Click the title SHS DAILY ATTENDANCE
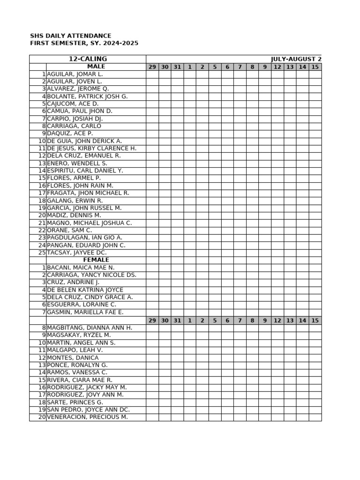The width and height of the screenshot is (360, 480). point(71,36)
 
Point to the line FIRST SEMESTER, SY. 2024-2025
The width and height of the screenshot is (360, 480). point(84,43)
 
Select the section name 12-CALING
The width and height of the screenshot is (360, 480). point(88,59)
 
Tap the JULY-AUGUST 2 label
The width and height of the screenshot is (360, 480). point(296,59)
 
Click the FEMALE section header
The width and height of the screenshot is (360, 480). point(96,260)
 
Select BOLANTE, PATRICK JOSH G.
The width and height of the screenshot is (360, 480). point(87,97)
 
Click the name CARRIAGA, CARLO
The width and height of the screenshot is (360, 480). point(74,126)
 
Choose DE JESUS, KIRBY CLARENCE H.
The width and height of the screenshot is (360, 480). point(92,149)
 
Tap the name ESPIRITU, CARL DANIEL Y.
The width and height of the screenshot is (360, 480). point(85,171)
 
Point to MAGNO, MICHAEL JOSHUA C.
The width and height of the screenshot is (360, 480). point(90,223)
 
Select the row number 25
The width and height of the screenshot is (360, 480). point(42,253)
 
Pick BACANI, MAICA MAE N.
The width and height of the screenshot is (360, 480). point(81,268)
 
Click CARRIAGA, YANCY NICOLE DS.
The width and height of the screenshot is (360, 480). point(92,275)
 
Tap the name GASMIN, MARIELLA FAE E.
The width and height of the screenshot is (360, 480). point(85,312)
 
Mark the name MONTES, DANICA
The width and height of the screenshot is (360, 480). point(73,358)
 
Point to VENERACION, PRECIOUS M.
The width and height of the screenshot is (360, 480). point(87,417)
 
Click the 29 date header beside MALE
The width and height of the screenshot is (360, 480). point(152,67)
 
